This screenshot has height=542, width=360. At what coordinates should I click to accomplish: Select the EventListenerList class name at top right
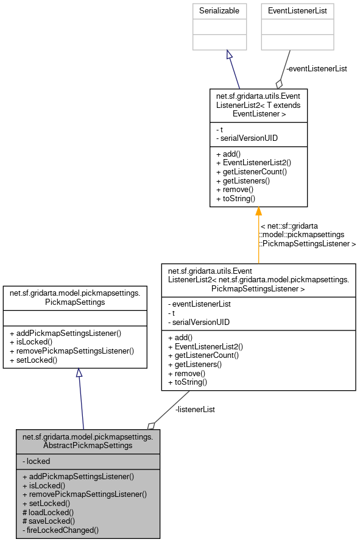(x=298, y=11)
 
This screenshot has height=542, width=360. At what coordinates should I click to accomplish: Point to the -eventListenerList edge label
(x=316, y=69)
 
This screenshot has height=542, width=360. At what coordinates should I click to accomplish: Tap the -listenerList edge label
(x=195, y=409)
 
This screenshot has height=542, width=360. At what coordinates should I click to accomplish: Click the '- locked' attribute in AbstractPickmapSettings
(x=37, y=461)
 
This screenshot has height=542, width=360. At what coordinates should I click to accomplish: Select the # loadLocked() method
(x=48, y=512)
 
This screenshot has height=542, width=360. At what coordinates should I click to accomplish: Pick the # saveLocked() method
(x=49, y=521)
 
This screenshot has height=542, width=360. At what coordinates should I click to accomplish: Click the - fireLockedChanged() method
(x=60, y=530)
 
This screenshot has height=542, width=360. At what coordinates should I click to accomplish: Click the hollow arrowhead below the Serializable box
(x=229, y=55)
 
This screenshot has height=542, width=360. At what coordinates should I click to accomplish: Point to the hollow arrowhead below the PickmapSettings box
(x=79, y=373)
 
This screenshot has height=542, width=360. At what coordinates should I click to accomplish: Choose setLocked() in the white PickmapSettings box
(x=33, y=360)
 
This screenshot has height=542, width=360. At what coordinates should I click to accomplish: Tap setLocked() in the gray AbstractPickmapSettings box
(x=46, y=503)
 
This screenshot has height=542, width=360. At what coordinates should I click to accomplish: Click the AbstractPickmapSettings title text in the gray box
(x=88, y=441)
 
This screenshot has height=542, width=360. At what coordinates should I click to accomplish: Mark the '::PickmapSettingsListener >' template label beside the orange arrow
(x=308, y=243)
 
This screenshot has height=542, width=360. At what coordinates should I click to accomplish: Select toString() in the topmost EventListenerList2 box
(x=235, y=198)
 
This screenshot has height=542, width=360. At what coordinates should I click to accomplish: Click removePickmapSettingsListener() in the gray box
(x=85, y=494)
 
